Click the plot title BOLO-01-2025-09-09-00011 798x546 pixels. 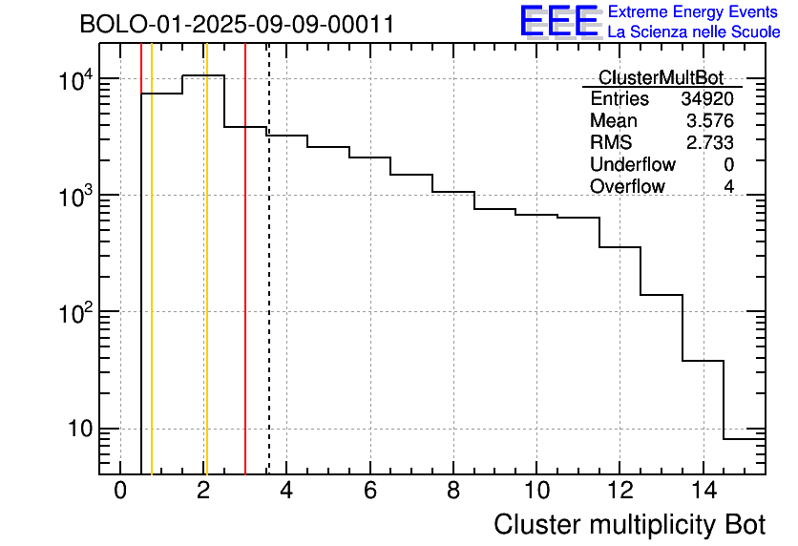tap(237, 25)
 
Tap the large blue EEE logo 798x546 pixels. tap(559, 21)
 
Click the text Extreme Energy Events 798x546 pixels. tap(693, 12)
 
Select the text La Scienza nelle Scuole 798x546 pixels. tap(693, 32)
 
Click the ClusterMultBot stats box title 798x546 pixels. tap(661, 77)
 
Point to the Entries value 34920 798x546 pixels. tap(707, 99)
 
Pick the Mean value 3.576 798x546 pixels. tap(711, 121)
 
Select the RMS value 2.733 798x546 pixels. tap(711, 143)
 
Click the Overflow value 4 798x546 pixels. tap(728, 187)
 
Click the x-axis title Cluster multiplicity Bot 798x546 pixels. tap(629, 524)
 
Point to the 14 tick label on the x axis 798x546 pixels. tap(703, 491)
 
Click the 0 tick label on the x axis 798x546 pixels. tap(120, 491)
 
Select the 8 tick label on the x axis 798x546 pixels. tap(453, 491)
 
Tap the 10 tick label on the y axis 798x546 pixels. tap(79, 430)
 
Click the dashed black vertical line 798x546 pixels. tap(269, 286)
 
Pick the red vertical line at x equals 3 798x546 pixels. tap(245, 286)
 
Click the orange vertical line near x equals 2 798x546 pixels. tap(206, 286)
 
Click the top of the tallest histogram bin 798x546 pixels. tap(203, 75)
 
